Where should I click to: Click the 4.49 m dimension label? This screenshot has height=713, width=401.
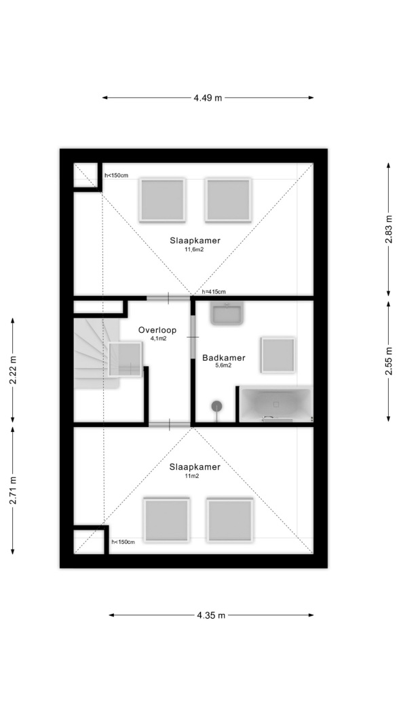(x=208, y=98)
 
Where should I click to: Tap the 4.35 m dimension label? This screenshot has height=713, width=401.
(x=211, y=615)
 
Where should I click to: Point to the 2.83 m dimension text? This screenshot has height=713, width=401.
(x=389, y=229)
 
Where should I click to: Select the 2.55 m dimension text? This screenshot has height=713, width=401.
(x=389, y=361)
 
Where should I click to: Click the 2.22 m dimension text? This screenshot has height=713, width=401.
(x=13, y=369)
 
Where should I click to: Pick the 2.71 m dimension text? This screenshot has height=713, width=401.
(x=13, y=490)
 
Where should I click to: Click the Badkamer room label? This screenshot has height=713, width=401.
(x=223, y=358)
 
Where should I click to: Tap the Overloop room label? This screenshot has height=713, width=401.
(x=157, y=331)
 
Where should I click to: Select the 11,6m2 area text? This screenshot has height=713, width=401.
(x=194, y=250)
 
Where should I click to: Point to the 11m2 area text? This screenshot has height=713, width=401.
(x=191, y=476)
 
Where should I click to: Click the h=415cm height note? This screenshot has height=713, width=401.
(x=214, y=292)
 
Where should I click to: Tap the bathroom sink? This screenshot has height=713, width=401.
(x=227, y=313)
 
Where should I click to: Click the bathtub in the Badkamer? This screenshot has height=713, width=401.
(x=275, y=404)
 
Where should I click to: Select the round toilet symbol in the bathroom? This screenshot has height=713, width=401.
(x=217, y=406)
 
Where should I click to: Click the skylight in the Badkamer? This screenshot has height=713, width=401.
(x=278, y=354)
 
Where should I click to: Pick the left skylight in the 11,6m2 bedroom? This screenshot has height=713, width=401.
(x=162, y=200)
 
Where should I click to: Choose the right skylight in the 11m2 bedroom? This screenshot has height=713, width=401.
(x=230, y=520)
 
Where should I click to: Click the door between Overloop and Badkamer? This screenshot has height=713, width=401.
(x=193, y=337)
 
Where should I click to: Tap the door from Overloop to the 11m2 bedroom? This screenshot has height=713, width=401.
(x=170, y=424)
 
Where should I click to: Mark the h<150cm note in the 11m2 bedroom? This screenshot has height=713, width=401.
(x=123, y=542)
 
